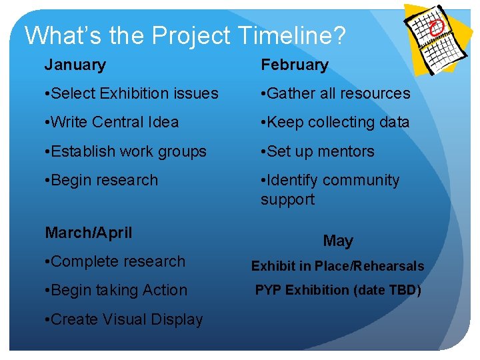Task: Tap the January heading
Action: [75, 65]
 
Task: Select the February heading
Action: [294, 65]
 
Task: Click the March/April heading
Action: [88, 233]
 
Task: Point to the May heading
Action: [338, 241]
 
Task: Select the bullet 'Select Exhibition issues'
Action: [131, 93]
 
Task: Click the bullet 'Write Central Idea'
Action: [111, 122]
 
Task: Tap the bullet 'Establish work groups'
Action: [125, 151]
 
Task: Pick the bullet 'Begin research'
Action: [101, 180]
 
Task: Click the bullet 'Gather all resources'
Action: [335, 93]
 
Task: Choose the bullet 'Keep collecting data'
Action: [335, 122]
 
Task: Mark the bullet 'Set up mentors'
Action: [317, 151]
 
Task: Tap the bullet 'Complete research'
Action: [115, 261]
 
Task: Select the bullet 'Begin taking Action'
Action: [116, 290]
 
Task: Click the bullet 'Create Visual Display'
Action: [123, 319]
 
